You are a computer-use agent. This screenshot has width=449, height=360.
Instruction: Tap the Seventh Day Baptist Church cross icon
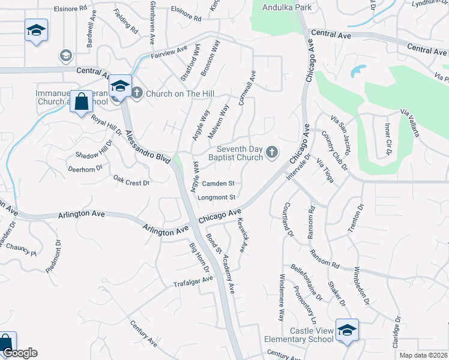(x=272, y=152)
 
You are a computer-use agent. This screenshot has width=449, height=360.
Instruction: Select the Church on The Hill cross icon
(x=137, y=93)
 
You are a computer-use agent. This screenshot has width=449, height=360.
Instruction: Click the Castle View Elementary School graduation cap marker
(x=347, y=331)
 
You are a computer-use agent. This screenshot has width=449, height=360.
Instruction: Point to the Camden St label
(x=218, y=184)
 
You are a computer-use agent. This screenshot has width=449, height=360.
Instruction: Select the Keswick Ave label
(x=243, y=235)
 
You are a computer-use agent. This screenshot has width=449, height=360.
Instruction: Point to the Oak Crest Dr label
(x=131, y=179)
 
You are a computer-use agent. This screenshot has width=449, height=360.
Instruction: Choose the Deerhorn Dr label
(x=85, y=170)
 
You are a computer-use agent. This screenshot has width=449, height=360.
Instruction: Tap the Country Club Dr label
(x=335, y=150)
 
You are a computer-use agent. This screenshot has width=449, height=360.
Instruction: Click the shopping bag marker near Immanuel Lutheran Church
(x=80, y=101)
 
